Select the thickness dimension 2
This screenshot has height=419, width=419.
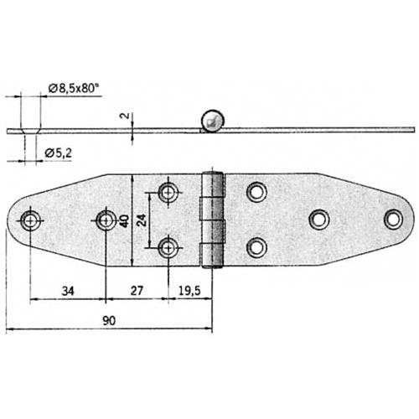[x=124, y=115]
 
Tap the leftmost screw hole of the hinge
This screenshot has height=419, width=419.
[x=31, y=220]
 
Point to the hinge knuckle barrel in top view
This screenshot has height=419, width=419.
[x=215, y=220]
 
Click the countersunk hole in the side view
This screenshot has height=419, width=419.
[x=32, y=127]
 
